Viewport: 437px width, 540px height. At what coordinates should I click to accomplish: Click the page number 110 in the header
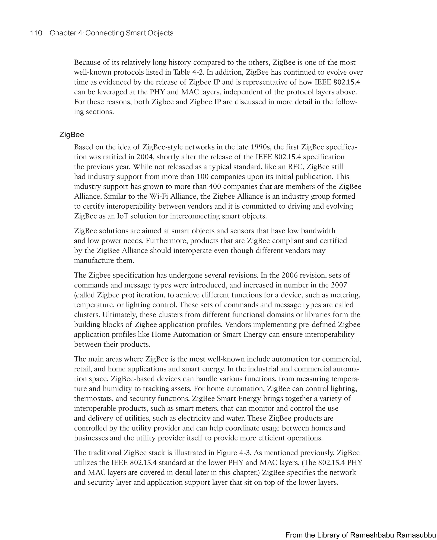pyautogui.click(x=36, y=33)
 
